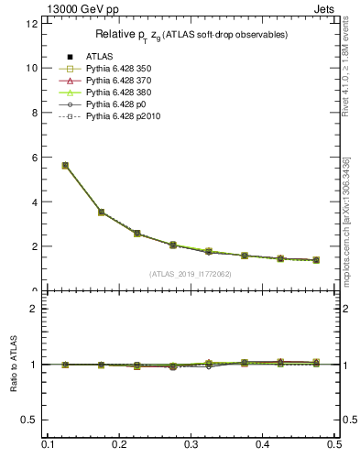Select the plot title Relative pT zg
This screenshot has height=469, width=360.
191,35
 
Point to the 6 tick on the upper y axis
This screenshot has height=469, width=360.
34,158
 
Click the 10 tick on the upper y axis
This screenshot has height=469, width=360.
31,68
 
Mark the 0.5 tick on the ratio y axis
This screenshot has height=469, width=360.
29,420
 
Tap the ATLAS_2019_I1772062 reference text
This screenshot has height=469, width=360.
191,274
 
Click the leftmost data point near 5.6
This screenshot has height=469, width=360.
65,165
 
